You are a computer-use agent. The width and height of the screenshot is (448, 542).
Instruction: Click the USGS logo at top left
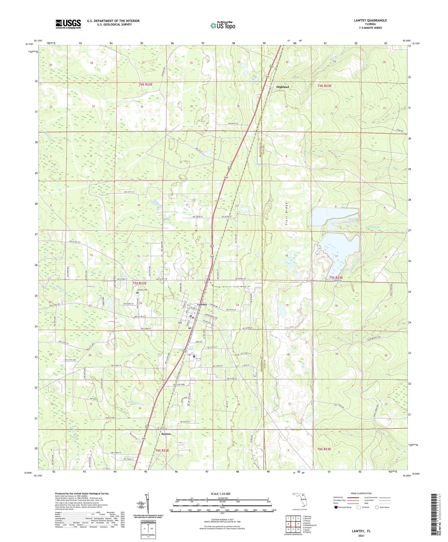(68, 24)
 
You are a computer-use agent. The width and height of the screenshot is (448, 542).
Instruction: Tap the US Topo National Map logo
(223, 25)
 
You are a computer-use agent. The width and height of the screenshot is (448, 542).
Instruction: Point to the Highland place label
(282, 87)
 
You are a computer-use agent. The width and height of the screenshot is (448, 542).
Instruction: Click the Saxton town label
(166, 434)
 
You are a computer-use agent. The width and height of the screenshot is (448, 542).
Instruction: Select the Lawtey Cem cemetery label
(142, 290)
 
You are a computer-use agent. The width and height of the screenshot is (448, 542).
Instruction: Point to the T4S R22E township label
(146, 85)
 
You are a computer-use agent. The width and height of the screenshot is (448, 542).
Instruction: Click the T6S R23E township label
(324, 449)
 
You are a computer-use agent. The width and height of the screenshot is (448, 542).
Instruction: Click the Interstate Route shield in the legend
(336, 507)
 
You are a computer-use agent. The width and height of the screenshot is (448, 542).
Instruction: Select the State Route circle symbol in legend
(377, 507)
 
